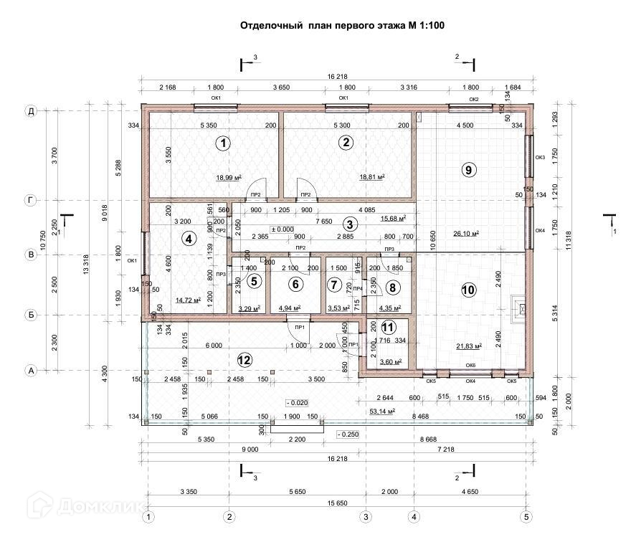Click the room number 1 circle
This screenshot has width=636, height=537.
224,143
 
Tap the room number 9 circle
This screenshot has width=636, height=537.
468,170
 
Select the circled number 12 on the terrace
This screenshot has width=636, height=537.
245,358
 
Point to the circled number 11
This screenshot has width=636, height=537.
388,328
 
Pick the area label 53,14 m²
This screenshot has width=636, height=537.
383,412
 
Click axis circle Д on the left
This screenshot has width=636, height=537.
31,111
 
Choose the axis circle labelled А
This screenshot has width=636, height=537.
31,371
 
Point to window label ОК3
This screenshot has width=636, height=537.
540,157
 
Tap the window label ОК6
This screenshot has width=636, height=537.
470,365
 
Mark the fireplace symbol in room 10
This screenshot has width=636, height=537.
520,306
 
